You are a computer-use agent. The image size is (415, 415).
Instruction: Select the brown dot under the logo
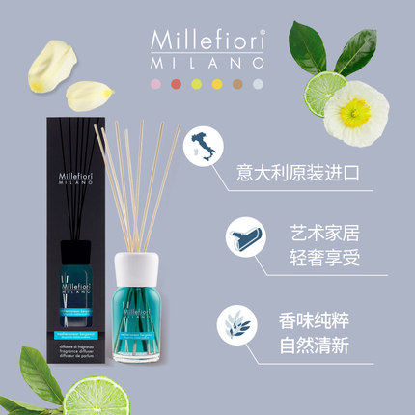239,85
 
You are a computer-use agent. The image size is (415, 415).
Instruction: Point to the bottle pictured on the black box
63,251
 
